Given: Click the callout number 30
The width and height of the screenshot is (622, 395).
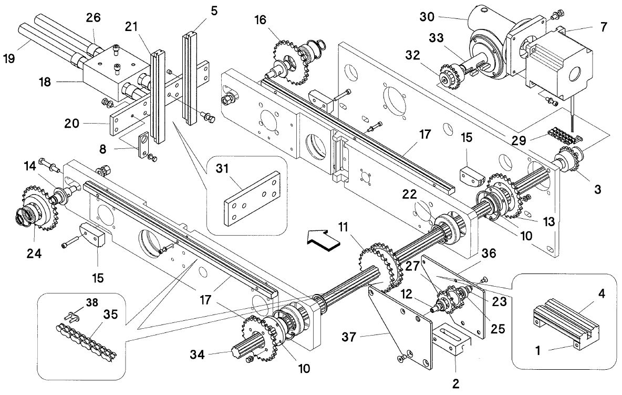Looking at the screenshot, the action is (x=427, y=17).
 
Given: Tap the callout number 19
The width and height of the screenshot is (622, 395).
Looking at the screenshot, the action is (x=9, y=58).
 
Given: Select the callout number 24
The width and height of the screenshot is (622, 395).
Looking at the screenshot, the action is (x=34, y=253).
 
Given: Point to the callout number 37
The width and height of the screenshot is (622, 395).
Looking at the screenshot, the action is (x=349, y=338).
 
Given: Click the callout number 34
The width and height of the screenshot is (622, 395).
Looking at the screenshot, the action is (x=197, y=354).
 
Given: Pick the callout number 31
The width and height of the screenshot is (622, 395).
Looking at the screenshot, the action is (x=222, y=168).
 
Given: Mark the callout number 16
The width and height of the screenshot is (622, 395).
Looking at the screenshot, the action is (x=260, y=19).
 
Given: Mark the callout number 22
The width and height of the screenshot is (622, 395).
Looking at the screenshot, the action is (x=409, y=194).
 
